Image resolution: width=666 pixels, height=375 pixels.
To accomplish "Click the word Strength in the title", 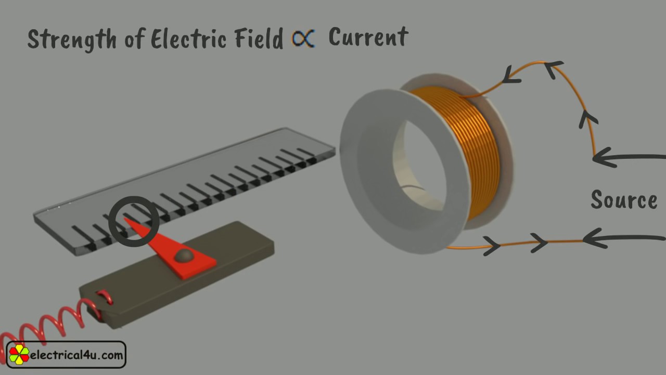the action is tap(72, 40).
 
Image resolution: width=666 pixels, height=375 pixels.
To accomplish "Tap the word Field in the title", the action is tap(259, 38).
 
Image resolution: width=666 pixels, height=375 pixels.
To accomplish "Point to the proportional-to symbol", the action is tap(303, 39).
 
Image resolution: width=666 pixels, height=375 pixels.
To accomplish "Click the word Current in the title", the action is tap(368, 36).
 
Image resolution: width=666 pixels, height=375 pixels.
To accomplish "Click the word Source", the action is tap(624, 199).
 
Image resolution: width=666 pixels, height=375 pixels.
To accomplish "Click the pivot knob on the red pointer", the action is tap(184, 255).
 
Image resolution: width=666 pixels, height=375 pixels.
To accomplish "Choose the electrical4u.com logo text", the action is tap(76, 355).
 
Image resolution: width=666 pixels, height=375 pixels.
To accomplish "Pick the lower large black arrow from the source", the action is tap(624, 238).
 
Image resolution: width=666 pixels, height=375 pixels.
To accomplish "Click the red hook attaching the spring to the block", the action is tap(105, 297).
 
